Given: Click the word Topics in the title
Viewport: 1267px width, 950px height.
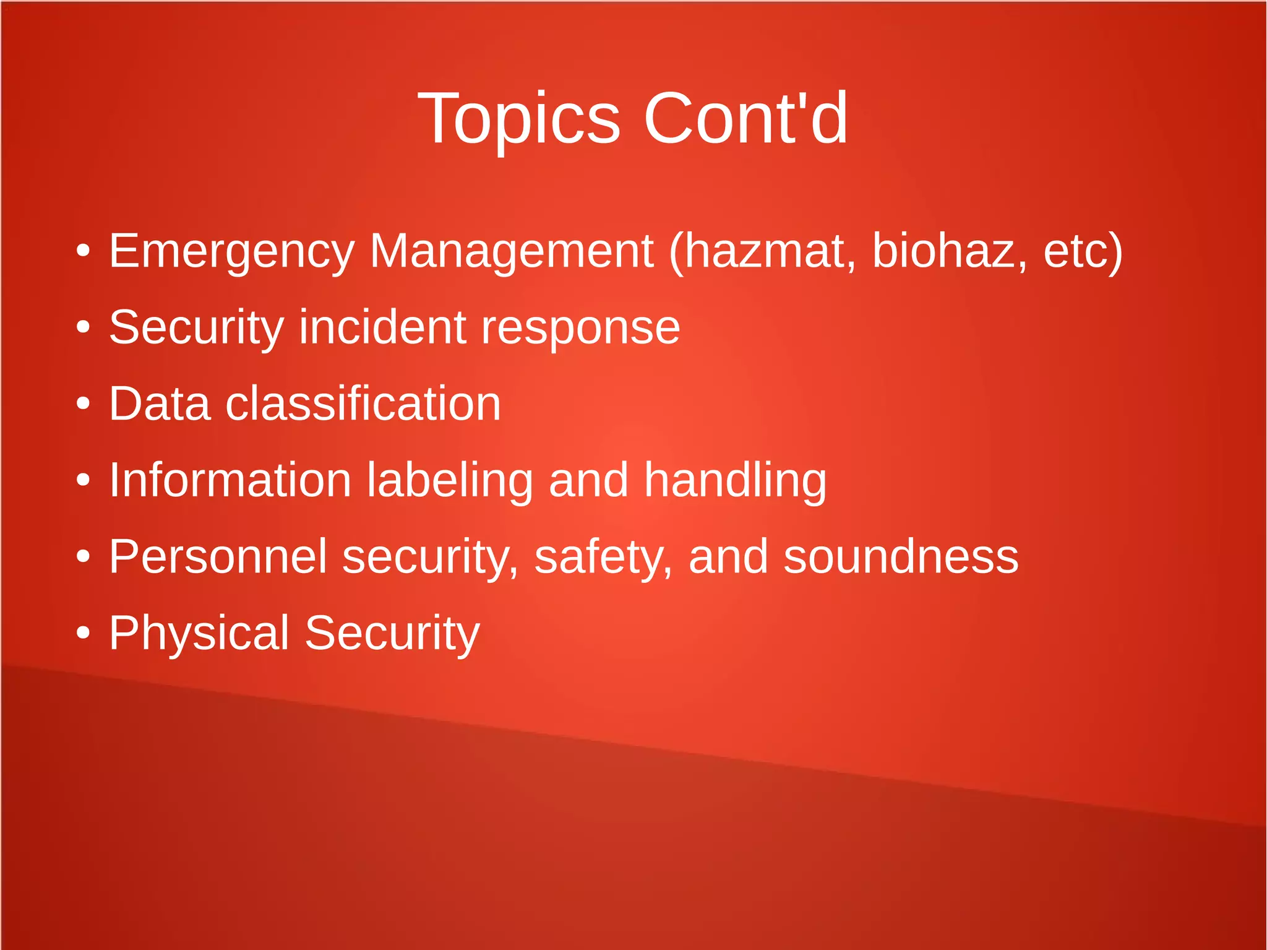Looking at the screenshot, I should click(518, 119).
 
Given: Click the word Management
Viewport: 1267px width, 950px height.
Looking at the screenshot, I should click(512, 252).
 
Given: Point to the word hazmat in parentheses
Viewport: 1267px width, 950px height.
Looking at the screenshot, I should click(765, 251).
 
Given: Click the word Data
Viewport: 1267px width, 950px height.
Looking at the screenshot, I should click(160, 404).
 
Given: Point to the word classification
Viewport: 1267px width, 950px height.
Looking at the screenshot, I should click(363, 404).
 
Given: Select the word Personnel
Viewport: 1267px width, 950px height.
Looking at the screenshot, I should click(218, 556).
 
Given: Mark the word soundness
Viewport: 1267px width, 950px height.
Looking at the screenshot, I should click(901, 556).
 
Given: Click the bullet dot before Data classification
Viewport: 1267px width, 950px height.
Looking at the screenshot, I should click(83, 404).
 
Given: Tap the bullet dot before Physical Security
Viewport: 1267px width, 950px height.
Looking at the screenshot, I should click(83, 633).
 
